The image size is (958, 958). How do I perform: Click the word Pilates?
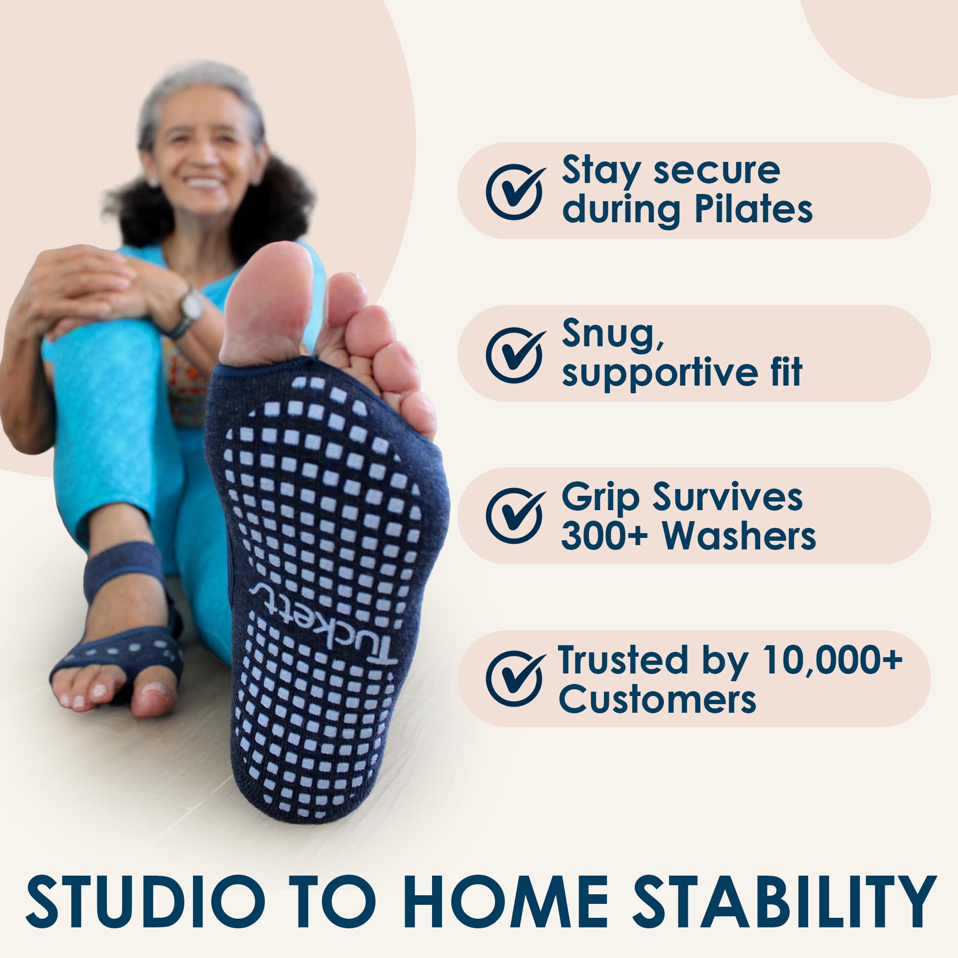753,210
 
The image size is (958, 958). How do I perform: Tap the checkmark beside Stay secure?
515,192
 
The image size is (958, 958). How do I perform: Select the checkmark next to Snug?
515,354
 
